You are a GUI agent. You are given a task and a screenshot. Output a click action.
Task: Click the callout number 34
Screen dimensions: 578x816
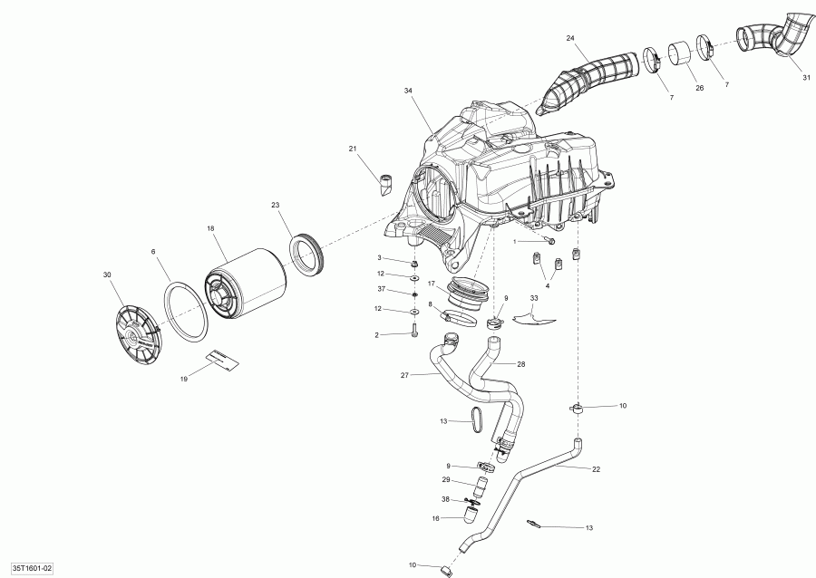click(409, 92)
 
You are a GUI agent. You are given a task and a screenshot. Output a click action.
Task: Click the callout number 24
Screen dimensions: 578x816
click(570, 38)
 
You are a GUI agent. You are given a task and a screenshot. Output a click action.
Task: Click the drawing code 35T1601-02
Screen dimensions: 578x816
click(26, 568)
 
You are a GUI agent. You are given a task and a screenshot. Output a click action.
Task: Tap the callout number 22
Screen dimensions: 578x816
click(596, 468)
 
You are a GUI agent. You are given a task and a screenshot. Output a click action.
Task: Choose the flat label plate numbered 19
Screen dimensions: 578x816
click(223, 360)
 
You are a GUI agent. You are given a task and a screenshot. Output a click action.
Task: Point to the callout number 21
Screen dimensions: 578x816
click(353, 149)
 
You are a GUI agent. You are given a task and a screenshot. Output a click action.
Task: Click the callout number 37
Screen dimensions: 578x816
click(382, 289)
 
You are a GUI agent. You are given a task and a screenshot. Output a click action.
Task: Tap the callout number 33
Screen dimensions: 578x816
click(534, 297)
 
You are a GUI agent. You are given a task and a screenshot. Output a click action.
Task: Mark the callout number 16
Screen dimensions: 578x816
click(435, 518)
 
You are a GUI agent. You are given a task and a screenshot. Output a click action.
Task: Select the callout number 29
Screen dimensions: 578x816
click(446, 479)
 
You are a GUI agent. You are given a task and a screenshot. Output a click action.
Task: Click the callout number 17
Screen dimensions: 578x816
click(432, 283)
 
